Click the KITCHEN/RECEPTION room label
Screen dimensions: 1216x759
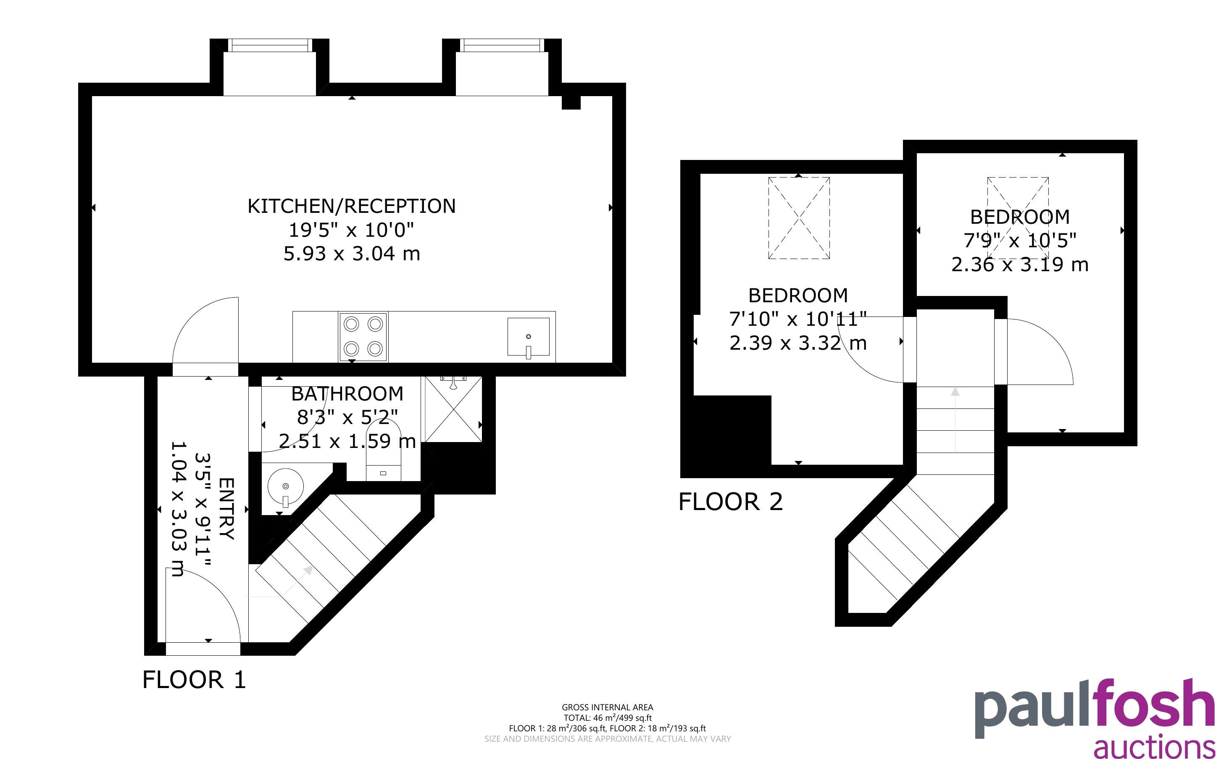352,206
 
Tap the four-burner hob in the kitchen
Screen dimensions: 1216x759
363,336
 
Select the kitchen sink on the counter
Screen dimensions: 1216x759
529,336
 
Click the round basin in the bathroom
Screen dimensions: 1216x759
286,487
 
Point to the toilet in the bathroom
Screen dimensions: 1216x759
384,450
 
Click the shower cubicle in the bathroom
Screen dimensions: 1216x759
453,409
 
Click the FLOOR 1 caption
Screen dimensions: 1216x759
195,680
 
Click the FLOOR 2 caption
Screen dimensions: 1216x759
731,502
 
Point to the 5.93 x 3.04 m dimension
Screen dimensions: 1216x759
352,254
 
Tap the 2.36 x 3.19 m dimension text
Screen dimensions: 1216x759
1020,264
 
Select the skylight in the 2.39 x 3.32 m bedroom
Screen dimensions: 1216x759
799,218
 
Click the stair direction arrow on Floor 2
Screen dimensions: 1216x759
955,420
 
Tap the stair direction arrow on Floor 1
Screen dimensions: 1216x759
296,581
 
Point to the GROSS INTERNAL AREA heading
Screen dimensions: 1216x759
607,707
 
